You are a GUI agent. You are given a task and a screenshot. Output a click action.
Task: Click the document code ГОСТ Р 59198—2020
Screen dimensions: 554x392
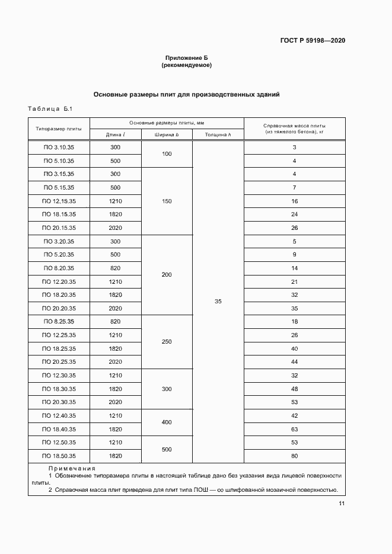click(313, 40)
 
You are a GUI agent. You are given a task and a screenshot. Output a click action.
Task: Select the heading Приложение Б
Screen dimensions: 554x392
click(186, 58)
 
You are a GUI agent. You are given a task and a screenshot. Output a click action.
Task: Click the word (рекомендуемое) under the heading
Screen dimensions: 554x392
click(186, 65)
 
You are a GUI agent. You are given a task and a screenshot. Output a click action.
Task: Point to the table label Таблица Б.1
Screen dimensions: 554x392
click(50, 108)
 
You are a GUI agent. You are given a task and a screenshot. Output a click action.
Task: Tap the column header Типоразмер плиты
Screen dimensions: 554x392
click(59, 128)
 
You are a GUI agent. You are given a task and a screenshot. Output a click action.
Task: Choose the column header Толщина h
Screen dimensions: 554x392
click(218, 135)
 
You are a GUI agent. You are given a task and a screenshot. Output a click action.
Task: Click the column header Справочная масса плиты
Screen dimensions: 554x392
click(294, 126)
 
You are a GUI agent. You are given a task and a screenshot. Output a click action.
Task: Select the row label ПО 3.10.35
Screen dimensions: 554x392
click(59, 147)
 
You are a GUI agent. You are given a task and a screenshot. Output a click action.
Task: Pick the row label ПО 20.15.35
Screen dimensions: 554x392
click(59, 228)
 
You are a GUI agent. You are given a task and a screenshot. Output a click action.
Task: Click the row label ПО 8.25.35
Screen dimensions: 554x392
click(59, 322)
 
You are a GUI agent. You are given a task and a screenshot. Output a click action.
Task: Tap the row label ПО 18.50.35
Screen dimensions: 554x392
click(59, 456)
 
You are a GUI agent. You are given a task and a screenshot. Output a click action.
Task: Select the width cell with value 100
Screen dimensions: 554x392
click(167, 154)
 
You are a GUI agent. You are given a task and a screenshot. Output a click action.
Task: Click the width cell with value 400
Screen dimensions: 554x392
click(167, 422)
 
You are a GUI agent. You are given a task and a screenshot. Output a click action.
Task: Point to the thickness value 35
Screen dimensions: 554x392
click(218, 302)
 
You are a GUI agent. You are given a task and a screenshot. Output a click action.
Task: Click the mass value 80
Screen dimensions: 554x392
click(294, 456)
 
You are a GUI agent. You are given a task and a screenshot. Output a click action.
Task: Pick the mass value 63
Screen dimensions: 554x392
click(294, 429)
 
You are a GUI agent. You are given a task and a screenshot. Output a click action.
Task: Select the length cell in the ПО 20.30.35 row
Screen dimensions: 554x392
click(115, 402)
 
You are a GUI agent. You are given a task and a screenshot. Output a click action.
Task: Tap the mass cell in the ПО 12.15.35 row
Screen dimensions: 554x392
click(294, 201)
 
